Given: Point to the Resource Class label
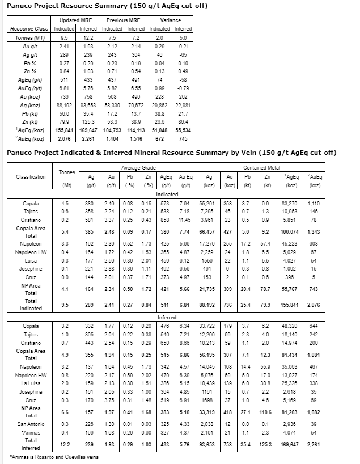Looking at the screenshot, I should tap(29, 28).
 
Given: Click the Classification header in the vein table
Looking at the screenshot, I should tap(28, 176).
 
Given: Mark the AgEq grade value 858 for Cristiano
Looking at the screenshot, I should tap(166, 220).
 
